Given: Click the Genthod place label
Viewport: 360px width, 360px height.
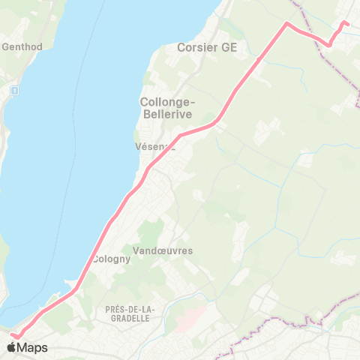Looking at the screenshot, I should (x=22, y=46).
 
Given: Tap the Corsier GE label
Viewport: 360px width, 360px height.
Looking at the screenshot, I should (x=207, y=47).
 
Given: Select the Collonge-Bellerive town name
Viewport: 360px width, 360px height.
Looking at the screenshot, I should (x=166, y=107).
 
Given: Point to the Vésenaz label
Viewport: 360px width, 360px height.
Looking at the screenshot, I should (x=154, y=147).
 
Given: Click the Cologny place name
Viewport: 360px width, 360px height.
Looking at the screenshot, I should (x=111, y=259).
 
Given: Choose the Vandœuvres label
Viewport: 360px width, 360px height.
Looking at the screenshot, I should (x=163, y=250).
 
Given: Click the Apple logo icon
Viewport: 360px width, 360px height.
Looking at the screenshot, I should (x=12, y=347).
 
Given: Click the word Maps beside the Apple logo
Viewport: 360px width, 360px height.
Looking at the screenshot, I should (x=33, y=347).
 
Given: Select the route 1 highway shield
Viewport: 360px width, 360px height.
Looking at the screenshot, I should (x=14, y=90).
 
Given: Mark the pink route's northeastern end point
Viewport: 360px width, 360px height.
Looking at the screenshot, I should (x=348, y=24).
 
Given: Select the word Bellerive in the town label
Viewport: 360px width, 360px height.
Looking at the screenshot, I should (x=166, y=113).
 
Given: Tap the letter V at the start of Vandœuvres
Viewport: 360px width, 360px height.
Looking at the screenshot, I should (x=135, y=250).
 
